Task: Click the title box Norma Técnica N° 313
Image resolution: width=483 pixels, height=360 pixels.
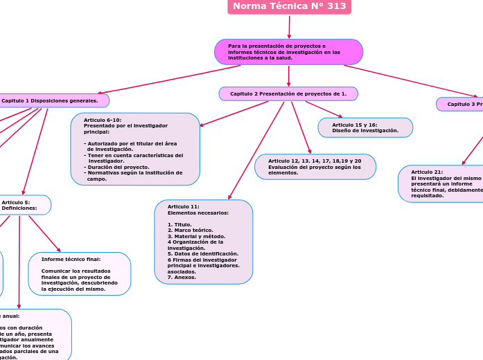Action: (x=289, y=7)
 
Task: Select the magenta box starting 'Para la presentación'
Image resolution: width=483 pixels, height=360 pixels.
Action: (x=288, y=52)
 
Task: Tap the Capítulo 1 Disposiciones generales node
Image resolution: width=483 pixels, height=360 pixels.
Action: (x=52, y=100)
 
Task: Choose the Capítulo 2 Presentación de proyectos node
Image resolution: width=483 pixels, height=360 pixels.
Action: (x=288, y=93)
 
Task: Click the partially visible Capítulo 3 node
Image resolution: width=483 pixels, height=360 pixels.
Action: (x=461, y=104)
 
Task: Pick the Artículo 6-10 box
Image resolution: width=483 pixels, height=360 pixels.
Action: (x=135, y=149)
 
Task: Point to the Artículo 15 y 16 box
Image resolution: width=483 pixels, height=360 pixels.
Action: (x=365, y=127)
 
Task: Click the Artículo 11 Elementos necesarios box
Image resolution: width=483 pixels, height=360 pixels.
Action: (x=203, y=242)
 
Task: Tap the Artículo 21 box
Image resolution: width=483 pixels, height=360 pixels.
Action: (x=441, y=183)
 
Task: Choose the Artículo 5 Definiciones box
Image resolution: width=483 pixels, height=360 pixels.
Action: (x=24, y=205)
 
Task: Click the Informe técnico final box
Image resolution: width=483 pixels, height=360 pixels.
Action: (x=80, y=273)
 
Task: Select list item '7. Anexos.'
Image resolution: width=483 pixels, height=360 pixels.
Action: (x=181, y=277)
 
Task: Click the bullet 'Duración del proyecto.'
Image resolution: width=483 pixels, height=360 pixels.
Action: (x=118, y=167)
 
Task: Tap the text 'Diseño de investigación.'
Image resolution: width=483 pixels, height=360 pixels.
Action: (x=365, y=130)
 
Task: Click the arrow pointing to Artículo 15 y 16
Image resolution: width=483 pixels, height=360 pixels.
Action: (x=324, y=109)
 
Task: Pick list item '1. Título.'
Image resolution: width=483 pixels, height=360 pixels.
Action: (x=180, y=224)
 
